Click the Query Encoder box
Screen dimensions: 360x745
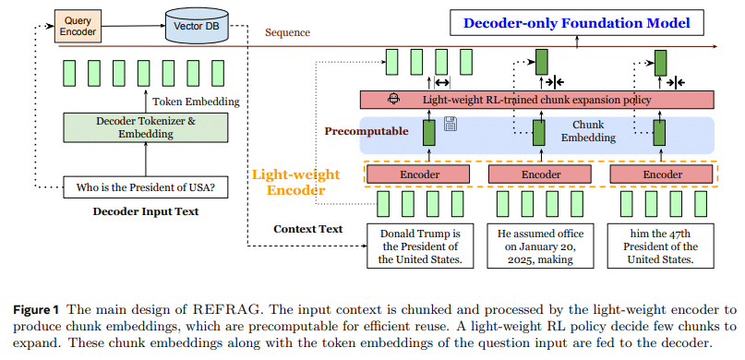pyautogui.click(x=78, y=25)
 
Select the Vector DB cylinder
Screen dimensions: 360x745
pyautogui.click(x=197, y=25)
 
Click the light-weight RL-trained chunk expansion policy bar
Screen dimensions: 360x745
pyautogui.click(x=536, y=99)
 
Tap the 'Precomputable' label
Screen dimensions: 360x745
pyautogui.click(x=366, y=131)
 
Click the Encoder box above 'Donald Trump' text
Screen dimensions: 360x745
pyautogui.click(x=419, y=174)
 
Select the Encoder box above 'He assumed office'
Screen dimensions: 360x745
pyautogui.click(x=540, y=174)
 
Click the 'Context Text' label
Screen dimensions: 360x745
pyautogui.click(x=307, y=229)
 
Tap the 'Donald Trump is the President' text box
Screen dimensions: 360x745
pyautogui.click(x=419, y=245)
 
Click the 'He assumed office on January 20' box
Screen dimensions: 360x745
pyautogui.click(x=540, y=245)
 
